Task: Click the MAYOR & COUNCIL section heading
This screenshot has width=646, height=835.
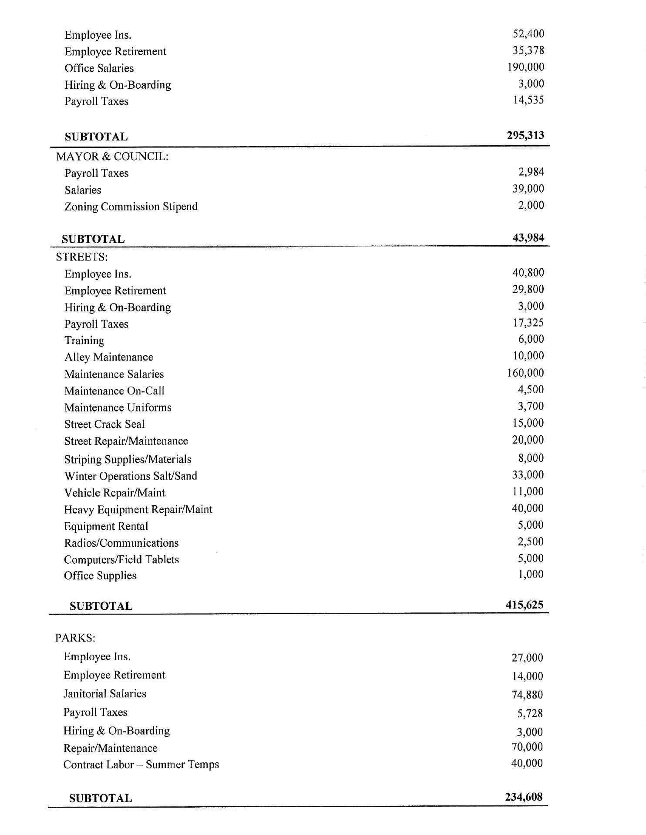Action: pos(112,157)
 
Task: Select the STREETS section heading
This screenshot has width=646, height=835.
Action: pos(82,257)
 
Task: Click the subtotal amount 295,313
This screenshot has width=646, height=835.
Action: pos(525,135)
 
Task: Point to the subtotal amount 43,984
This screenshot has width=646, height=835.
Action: pos(528,237)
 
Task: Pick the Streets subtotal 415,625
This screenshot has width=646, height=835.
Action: pos(525,605)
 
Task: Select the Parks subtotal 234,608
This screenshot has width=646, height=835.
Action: pos(524,797)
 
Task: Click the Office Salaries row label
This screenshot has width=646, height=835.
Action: pos(99,68)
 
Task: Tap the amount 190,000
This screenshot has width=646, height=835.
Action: pos(525,67)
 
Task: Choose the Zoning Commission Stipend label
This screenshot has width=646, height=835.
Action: pos(131,207)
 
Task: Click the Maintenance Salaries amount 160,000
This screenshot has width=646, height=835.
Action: pos(525,373)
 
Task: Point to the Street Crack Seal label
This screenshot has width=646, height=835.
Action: pos(104,424)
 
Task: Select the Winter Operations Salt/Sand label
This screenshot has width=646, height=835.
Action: pos(131,476)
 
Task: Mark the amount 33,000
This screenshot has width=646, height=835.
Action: pos(528,474)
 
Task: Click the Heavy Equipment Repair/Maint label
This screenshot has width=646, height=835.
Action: pos(138,510)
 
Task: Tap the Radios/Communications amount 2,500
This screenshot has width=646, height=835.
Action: pos(531,541)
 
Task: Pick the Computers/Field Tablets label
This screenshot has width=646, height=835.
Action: pos(121,560)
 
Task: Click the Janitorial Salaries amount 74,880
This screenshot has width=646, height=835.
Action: pos(527,695)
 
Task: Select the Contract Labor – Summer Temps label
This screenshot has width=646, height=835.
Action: pos(141,765)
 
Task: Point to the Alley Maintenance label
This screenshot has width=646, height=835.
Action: pos(109,357)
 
